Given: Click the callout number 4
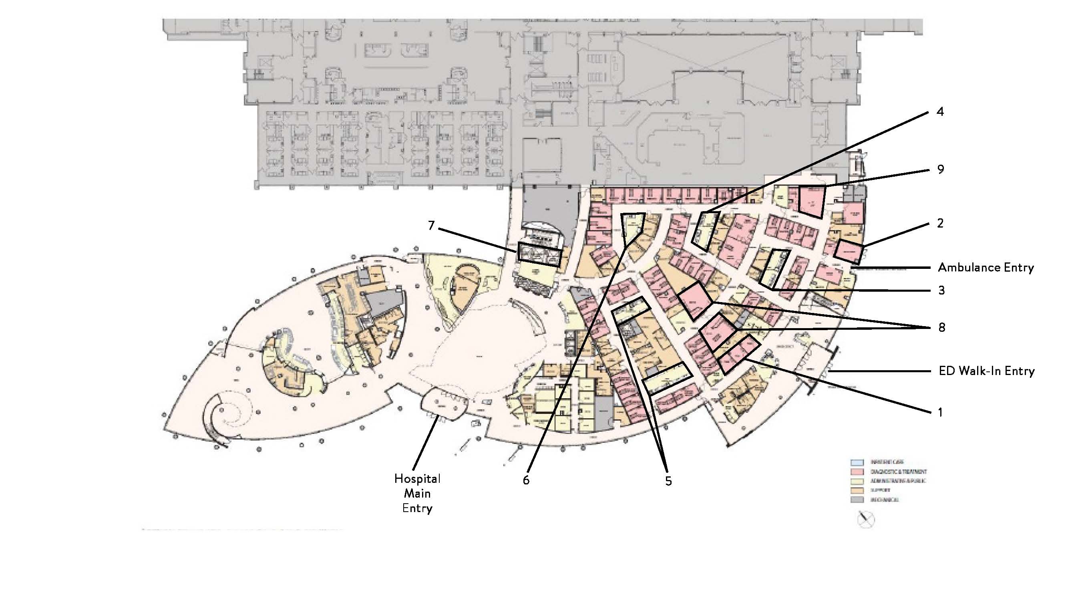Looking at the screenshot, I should [940, 112].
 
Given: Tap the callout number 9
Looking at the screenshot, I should [940, 169].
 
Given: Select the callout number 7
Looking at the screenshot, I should [431, 226].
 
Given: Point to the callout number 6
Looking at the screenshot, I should [526, 480].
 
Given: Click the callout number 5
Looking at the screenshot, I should [668, 481].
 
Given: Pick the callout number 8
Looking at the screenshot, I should [941, 327].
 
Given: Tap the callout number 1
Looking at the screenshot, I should [940, 412].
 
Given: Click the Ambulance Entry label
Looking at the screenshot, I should [986, 268].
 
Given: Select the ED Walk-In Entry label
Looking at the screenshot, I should [986, 371].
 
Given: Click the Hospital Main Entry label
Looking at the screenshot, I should [417, 493].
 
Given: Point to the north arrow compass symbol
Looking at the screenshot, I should [866, 519].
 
